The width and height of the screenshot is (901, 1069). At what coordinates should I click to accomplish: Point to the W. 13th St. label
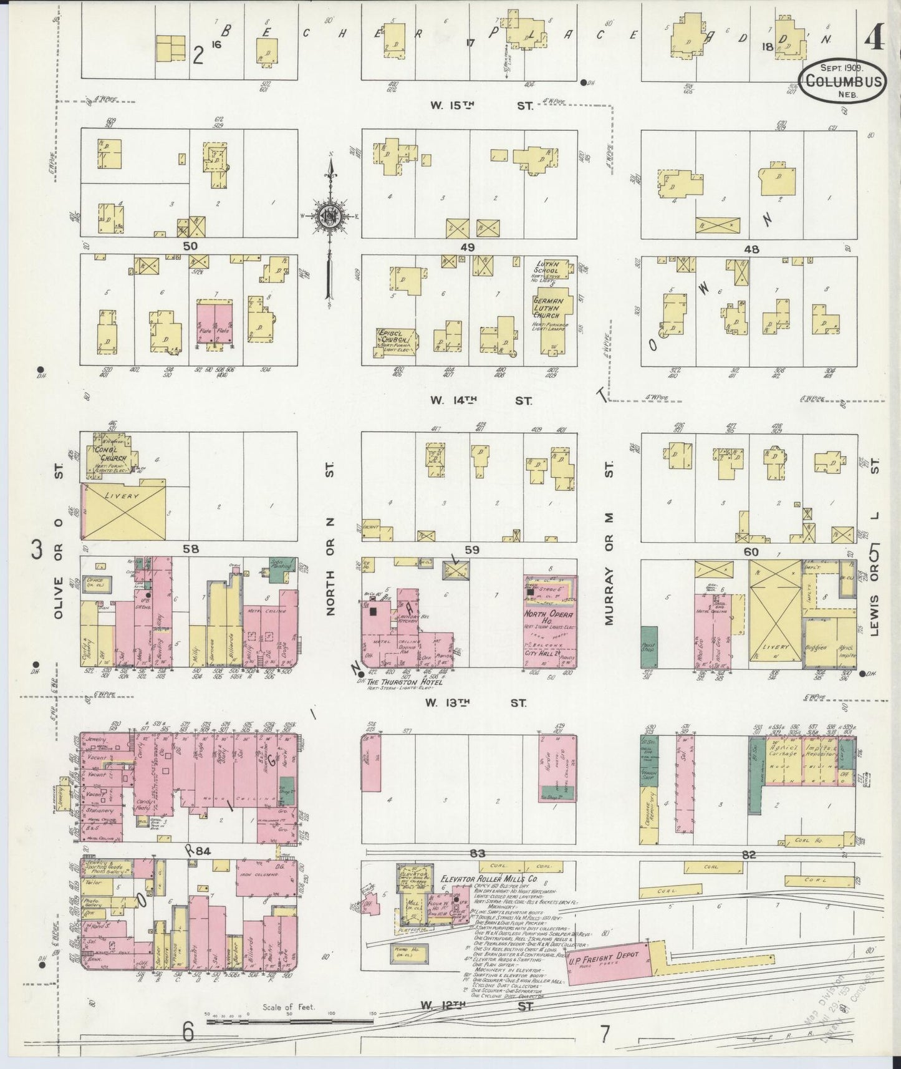click(x=475, y=703)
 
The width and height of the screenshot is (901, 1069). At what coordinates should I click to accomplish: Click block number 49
click(x=468, y=248)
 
